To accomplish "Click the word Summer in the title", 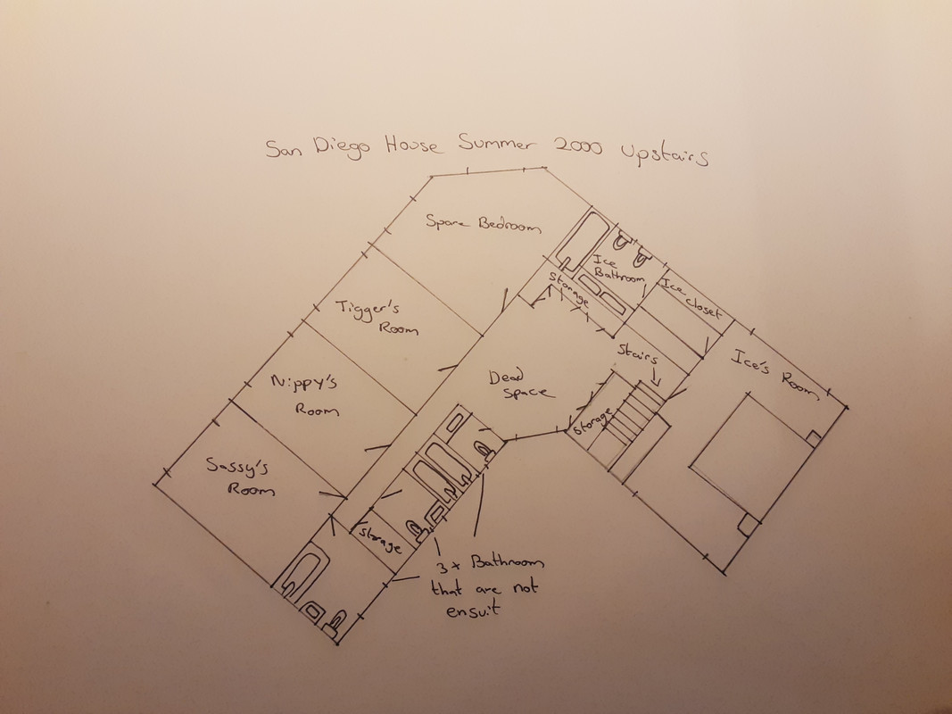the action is point(497,143).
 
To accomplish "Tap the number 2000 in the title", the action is point(577,146).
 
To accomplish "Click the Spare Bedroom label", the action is point(483,223).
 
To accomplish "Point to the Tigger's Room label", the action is point(377,317).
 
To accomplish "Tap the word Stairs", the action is point(638,353).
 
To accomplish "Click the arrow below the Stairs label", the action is point(656,378).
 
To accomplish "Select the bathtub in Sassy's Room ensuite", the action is point(302,575).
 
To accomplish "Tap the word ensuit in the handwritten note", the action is point(473,609).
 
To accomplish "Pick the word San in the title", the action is point(284,149).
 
